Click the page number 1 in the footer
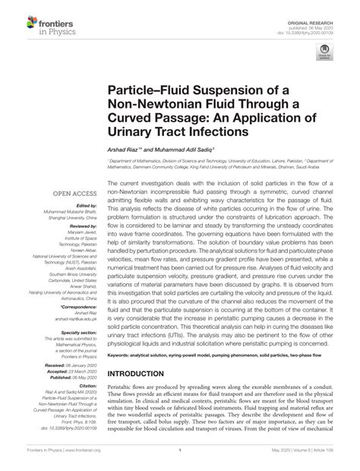coord(180,460)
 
